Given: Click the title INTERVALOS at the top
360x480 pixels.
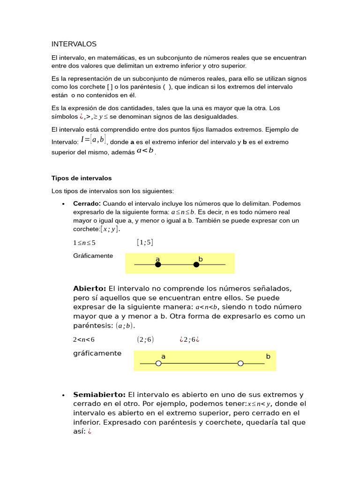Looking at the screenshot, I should point(74,44).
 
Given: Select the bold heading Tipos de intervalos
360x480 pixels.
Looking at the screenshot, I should point(81,178).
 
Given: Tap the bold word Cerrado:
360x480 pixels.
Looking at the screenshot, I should point(87,203).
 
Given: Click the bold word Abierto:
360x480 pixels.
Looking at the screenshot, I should point(90,288).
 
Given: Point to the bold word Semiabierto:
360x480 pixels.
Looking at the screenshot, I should point(99,395).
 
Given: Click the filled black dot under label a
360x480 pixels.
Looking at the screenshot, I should point(158,264).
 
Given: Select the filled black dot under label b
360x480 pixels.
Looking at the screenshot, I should point(196,264).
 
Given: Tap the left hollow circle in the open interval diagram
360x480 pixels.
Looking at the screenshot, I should point(158,363).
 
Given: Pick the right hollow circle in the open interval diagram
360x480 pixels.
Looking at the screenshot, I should point(240,363).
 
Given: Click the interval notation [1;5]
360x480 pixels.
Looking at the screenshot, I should point(145,242).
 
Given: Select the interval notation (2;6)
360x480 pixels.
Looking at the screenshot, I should point(145,339).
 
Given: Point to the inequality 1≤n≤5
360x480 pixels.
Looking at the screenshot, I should point(84,243).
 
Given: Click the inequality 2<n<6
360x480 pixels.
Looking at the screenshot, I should point(84,340).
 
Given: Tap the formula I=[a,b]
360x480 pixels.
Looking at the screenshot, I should point(93,140).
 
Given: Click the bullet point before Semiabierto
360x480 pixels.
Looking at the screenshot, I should point(63,395).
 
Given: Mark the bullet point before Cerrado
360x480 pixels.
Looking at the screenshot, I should point(63,204).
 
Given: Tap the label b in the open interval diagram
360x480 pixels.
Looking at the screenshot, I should point(268,356).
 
